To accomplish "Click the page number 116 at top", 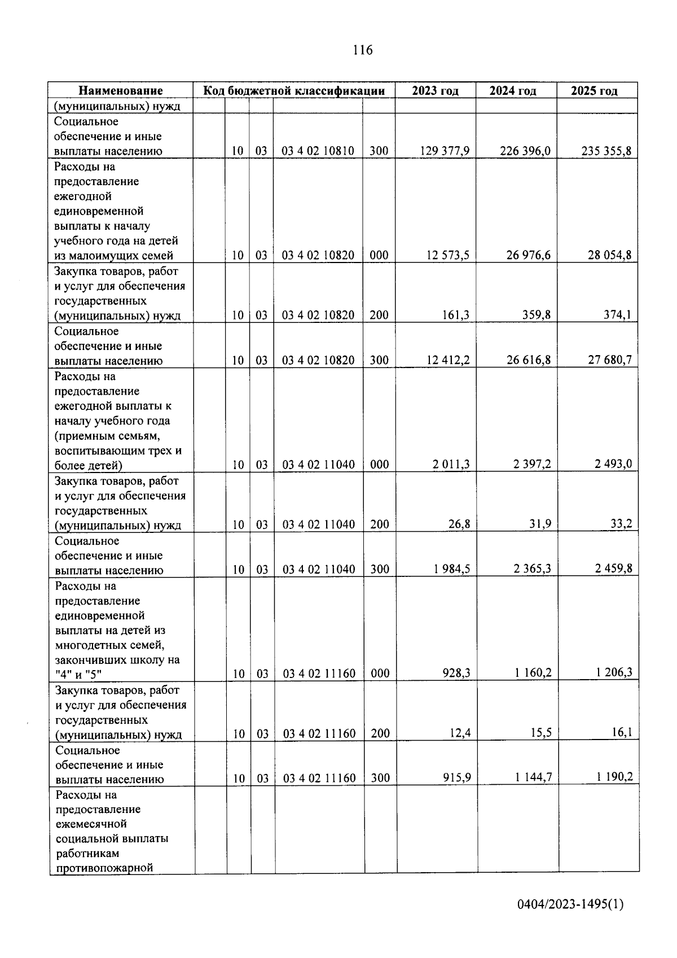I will click(363, 50).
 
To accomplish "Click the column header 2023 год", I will click(435, 91).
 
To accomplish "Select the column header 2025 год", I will click(594, 91).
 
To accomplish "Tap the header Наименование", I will click(121, 91).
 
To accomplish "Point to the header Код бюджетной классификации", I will click(294, 91).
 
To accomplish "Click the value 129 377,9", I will click(445, 151).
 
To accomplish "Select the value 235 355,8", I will click(606, 151).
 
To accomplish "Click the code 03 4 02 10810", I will click(318, 151).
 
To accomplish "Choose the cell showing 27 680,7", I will click(609, 360).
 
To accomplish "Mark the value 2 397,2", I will click(532, 464).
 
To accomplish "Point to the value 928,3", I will click(457, 673).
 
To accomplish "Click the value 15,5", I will click(540, 733).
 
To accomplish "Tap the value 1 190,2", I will click(614, 777).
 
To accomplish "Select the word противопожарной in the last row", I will click(105, 868).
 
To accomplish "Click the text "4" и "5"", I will click(78, 673).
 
